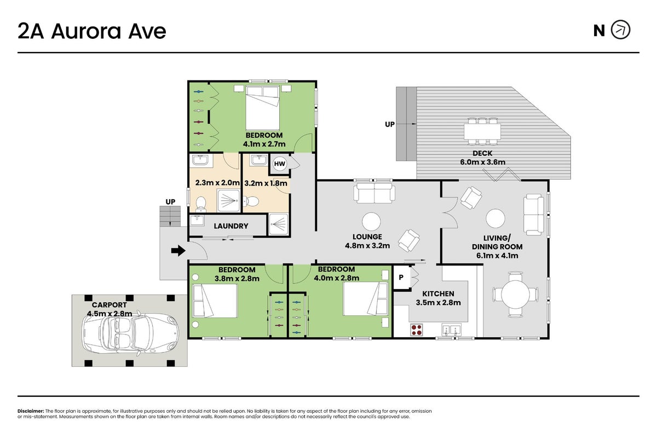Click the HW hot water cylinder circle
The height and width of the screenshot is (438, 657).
click(279, 164)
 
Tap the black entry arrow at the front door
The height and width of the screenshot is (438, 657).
click(178, 251)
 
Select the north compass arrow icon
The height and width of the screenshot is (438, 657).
click(620, 30)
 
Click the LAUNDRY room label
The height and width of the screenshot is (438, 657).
click(231, 226)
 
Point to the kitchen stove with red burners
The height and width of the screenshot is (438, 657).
click(417, 330)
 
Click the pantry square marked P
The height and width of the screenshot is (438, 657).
click(401, 277)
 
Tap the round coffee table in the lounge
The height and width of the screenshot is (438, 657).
click(371, 222)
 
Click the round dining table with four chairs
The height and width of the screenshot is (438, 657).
click(515, 294)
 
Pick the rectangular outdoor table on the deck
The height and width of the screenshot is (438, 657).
click(482, 132)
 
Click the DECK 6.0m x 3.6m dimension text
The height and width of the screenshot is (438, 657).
click(482, 162)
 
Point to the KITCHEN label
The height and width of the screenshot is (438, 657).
click(438, 293)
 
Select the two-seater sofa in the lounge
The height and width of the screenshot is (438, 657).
click(374, 193)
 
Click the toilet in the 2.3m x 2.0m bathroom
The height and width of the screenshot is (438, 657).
click(201, 203)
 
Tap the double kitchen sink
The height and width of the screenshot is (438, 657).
click(451, 330)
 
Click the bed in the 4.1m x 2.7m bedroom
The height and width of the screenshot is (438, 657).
click(262, 108)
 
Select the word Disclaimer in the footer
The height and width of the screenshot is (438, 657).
click(31, 411)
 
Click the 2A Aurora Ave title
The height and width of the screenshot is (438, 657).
click(92, 31)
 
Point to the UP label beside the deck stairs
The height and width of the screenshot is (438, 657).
click(389, 124)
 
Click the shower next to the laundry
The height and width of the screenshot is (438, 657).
click(279, 224)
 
